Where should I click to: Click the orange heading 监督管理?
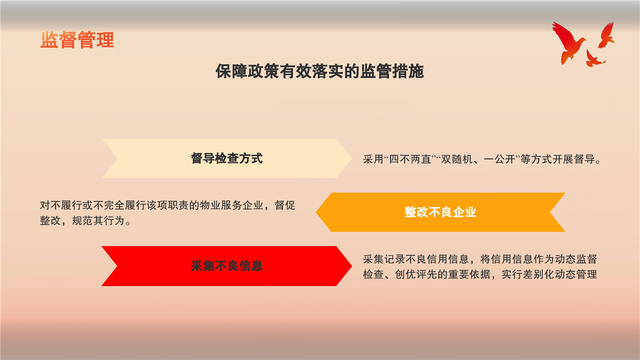pyautogui.click(x=77, y=40)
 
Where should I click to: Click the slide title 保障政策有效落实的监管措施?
pyautogui.click(x=319, y=71)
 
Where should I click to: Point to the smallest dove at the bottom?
pyautogui.click(x=594, y=58)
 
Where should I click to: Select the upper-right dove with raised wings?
pyautogui.click(x=606, y=35)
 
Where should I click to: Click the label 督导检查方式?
pyautogui.click(x=226, y=158)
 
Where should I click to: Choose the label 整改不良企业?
pyautogui.click(x=440, y=212)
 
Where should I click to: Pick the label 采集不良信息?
pyautogui.click(x=226, y=266)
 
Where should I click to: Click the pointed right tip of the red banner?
pyautogui.click(x=351, y=266)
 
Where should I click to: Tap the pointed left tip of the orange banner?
pyautogui.click(x=316, y=212)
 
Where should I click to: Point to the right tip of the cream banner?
pyautogui.click(x=351, y=158)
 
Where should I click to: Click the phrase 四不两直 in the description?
pyautogui.click(x=410, y=159)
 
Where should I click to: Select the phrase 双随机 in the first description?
pyautogui.click(x=457, y=159)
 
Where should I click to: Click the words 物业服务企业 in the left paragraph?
pyautogui.click(x=231, y=205)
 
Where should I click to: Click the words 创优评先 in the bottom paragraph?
pyautogui.click(x=416, y=274)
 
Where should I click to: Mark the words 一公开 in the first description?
pyautogui.click(x=499, y=159)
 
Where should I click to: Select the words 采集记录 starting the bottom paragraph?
pyautogui.click(x=384, y=259)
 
